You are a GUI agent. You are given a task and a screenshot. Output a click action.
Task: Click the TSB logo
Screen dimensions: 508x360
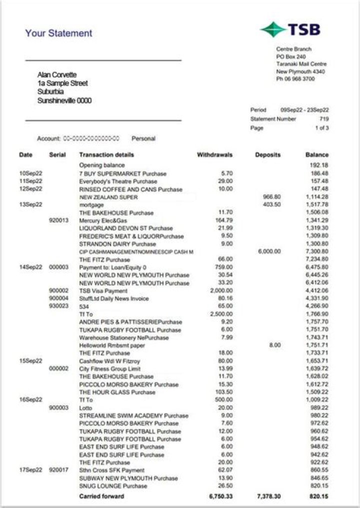pos(290,29)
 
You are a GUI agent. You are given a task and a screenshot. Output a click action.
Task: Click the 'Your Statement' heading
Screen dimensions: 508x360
pos(58,33)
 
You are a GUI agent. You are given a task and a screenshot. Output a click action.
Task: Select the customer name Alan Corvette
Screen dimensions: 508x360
pos(57,75)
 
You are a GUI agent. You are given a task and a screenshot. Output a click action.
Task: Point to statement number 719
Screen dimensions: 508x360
pos(324,119)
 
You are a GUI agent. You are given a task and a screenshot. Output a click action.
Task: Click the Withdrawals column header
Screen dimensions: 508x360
pos(214,155)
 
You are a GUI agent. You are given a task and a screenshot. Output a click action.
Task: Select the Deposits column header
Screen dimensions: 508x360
pos(267,155)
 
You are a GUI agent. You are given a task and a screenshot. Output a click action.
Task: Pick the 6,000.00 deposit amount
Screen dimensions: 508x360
pos(269,251)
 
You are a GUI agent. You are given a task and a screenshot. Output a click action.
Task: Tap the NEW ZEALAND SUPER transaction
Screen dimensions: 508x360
pos(108,197)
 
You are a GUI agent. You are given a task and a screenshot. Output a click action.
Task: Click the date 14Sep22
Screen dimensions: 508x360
pos(31,267)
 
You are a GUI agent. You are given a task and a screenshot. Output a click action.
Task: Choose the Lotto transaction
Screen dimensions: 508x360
pos(86,408)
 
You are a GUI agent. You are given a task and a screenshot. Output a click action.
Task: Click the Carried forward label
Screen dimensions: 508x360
pos(101,496)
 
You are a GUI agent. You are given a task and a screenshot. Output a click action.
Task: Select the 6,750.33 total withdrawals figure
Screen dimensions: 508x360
pos(219,496)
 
